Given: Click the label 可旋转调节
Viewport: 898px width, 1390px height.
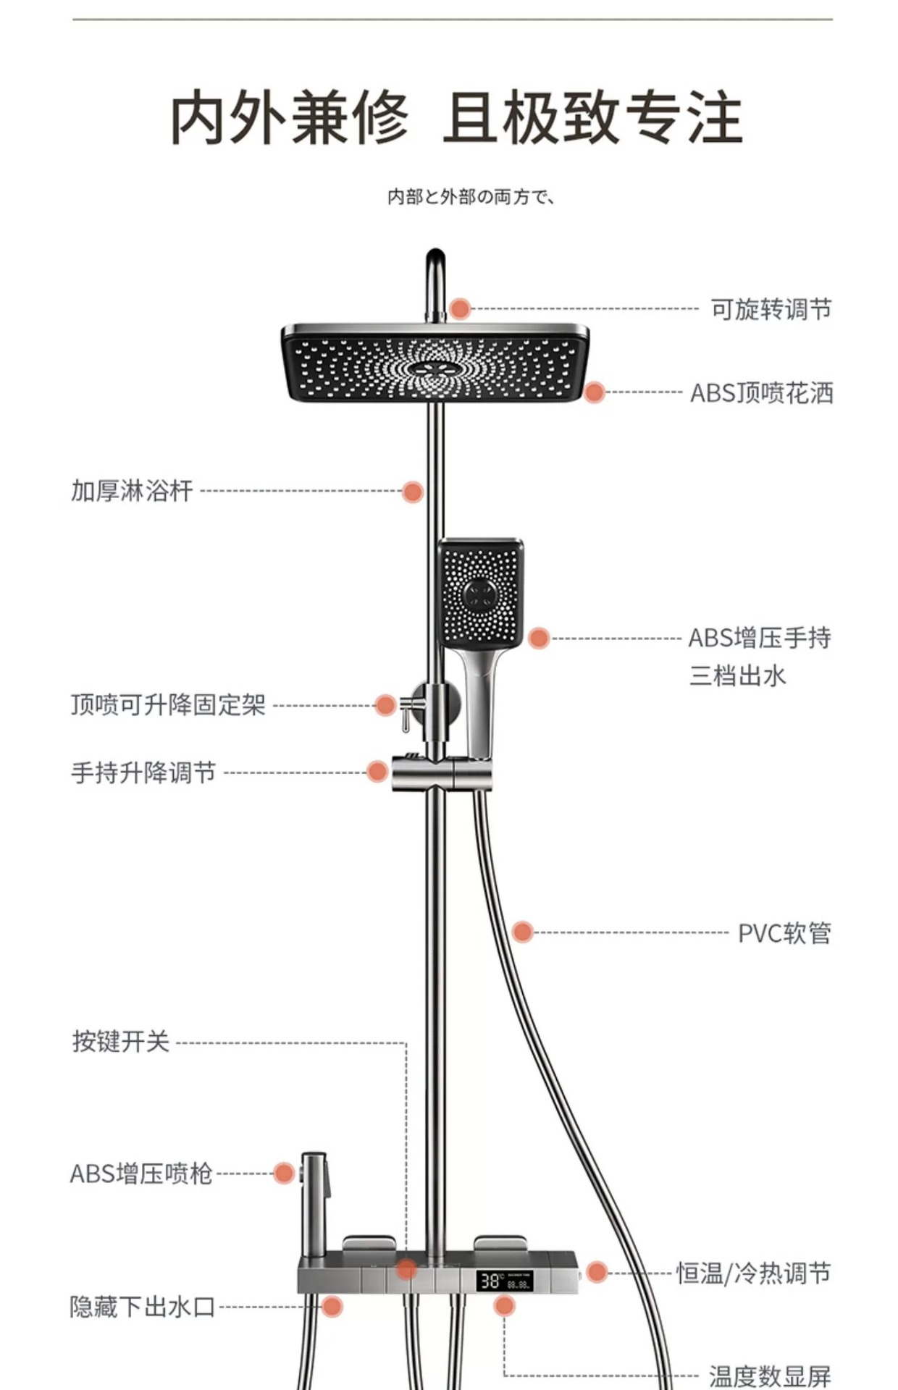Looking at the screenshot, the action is (771, 309).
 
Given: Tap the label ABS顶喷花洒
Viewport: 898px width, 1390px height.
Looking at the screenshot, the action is (761, 393).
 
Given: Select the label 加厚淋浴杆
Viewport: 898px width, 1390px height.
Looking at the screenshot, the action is (133, 491).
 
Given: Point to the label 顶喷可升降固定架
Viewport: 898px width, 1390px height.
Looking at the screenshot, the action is (169, 704).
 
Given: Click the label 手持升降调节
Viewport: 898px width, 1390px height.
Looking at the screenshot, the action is (143, 772).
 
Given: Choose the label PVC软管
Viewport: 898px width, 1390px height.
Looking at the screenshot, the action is (784, 932).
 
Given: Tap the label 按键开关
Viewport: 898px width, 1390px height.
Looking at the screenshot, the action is (121, 1042).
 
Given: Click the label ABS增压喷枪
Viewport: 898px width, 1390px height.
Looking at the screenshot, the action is (141, 1174).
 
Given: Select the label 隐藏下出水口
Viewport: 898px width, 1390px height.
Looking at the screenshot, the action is (143, 1307).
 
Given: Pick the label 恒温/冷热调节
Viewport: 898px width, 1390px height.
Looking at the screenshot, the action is (753, 1273).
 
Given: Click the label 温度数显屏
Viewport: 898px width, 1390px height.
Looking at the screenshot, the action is (770, 1375).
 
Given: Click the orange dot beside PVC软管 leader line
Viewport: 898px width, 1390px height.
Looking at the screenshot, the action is (522, 932).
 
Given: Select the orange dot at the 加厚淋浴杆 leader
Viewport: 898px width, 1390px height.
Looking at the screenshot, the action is (413, 492).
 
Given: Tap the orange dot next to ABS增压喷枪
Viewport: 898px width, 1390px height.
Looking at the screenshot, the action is (284, 1173).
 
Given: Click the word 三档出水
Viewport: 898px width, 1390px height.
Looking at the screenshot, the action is (737, 676).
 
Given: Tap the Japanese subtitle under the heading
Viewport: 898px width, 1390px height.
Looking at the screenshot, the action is (471, 197).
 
